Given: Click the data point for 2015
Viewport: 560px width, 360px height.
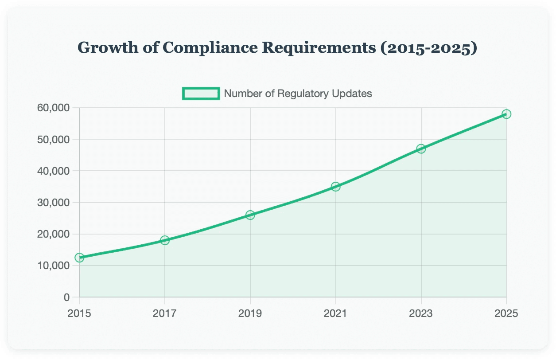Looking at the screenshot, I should tap(79, 258).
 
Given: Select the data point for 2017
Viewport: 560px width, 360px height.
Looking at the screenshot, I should tap(165, 240).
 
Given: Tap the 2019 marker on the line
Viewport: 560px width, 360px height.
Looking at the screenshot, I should tap(250, 215).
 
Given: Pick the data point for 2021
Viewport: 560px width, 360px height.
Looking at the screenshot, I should tap(335, 187).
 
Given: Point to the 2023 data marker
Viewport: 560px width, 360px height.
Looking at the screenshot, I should tap(421, 149).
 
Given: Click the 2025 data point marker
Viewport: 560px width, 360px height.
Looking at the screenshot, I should tap(506, 114).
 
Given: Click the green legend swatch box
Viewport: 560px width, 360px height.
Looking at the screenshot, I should tap(201, 94).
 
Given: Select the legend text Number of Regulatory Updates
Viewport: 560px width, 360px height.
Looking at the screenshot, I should tap(298, 94).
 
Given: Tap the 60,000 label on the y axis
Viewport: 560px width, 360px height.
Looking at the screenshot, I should tap(54, 108).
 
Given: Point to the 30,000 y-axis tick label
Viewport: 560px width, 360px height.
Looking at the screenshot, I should tap(54, 203).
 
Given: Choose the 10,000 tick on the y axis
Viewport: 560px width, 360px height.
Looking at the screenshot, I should tap(54, 266).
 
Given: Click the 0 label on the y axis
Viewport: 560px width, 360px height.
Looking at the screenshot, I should tap(66, 297).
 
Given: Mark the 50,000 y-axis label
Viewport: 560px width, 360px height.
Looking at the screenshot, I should tap(54, 139).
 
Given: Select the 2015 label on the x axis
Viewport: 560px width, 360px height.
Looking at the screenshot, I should tap(79, 313).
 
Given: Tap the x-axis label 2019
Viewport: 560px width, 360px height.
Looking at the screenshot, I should tap(250, 313).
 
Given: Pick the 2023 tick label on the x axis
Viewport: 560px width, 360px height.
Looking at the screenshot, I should tap(421, 313).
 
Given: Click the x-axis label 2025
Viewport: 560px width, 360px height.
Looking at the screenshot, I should tap(506, 313).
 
